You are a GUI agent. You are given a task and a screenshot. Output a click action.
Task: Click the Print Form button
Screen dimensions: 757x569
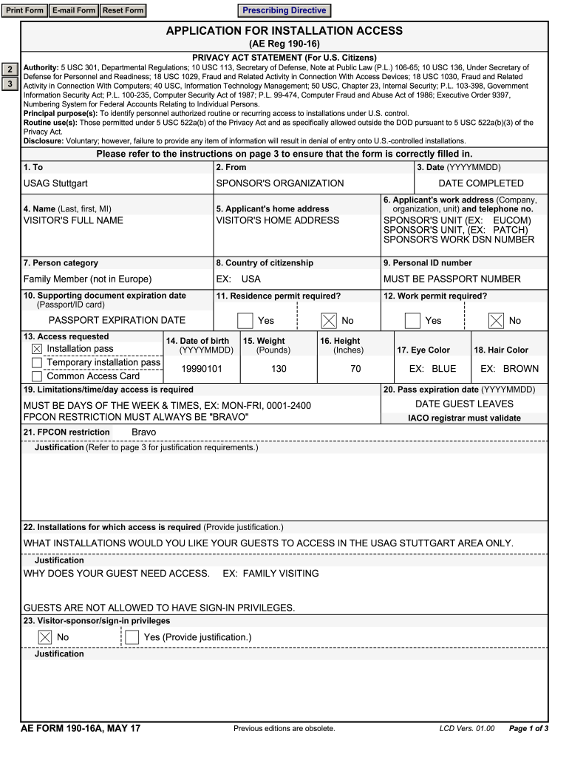tap(25, 10)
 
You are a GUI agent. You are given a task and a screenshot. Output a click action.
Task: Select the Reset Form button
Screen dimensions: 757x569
tap(123, 10)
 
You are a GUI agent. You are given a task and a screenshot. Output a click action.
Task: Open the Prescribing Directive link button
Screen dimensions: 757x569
tap(284, 10)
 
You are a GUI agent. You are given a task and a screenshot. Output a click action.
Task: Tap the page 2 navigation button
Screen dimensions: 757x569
tap(10, 69)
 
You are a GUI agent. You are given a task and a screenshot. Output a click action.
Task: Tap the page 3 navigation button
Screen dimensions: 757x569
tap(10, 84)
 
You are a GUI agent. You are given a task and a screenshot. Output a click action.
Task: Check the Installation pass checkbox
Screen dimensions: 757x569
tap(37, 349)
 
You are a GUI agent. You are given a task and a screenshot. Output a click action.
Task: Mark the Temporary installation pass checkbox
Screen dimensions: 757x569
tap(37, 363)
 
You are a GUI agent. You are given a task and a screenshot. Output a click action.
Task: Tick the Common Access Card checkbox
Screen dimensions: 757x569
tap(37, 376)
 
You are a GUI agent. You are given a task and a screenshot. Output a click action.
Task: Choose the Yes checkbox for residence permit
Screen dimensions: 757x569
tap(245, 321)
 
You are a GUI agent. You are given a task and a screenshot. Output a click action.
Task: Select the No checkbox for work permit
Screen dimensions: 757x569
tap(497, 321)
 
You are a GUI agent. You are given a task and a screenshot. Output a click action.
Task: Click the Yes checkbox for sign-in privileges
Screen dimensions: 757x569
tap(132, 637)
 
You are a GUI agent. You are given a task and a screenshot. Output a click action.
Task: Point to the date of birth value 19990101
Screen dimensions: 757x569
tap(202, 369)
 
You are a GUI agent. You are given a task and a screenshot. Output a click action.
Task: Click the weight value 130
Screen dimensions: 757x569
tap(279, 369)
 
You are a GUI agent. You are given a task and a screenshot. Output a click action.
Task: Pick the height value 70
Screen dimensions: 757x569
tap(355, 369)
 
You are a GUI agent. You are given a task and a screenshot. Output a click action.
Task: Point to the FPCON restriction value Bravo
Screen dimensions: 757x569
tap(143, 432)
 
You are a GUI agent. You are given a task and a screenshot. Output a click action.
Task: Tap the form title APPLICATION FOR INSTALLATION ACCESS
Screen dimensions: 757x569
tap(284, 30)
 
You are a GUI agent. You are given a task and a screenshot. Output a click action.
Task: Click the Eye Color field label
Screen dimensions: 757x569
tap(423, 350)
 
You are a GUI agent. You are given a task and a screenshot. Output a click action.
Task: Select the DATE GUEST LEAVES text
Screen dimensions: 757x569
tap(464, 404)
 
